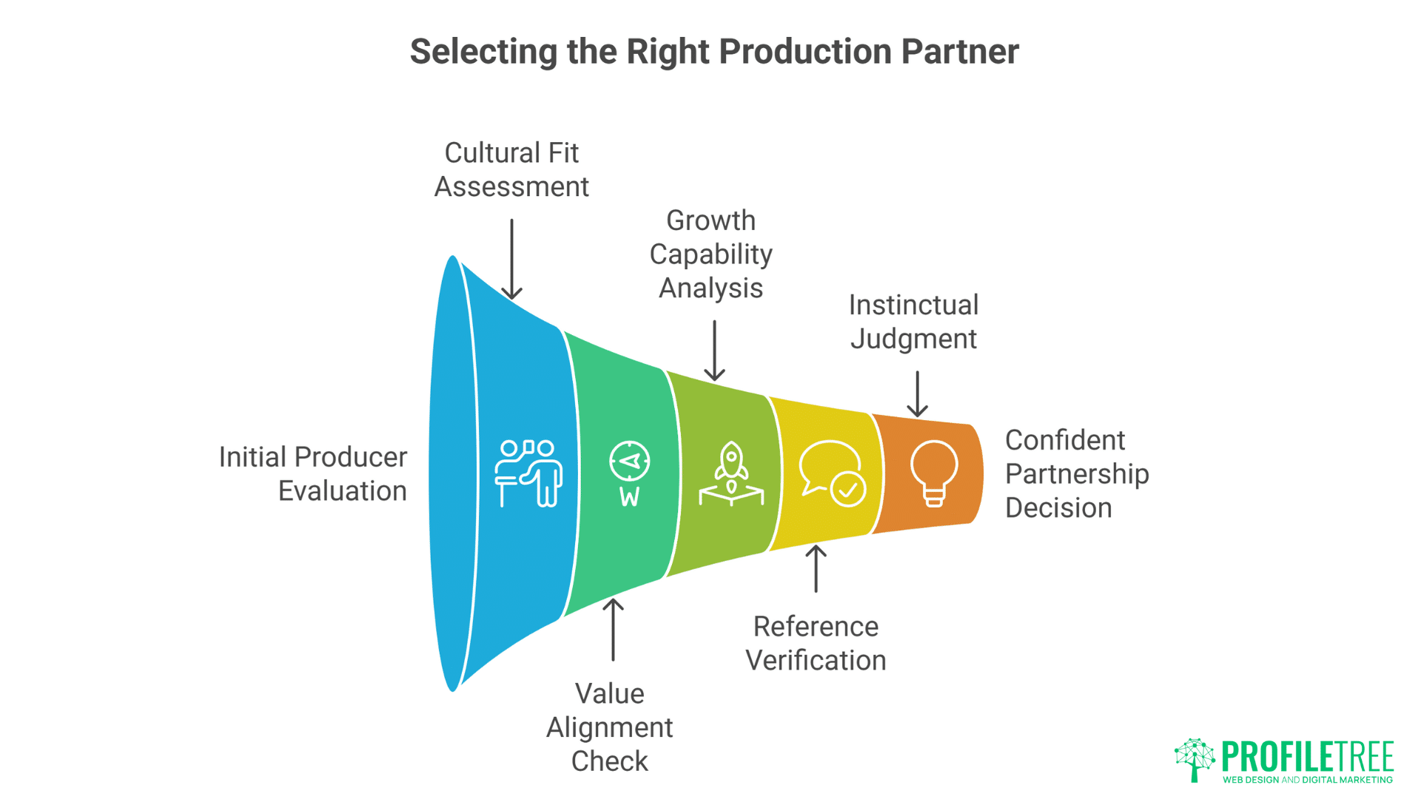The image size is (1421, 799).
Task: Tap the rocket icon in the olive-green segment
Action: click(x=731, y=473)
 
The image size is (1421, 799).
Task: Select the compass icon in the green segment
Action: click(x=629, y=473)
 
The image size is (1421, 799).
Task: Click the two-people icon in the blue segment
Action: click(x=528, y=473)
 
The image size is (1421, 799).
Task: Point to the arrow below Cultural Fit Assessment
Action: click(x=511, y=259)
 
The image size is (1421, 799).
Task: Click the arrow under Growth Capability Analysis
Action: click(x=714, y=351)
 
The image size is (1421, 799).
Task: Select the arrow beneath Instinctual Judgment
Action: click(x=917, y=394)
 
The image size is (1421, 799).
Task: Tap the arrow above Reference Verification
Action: click(x=816, y=568)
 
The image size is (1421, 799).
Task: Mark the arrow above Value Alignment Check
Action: click(x=613, y=629)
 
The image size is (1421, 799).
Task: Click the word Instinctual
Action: click(x=913, y=305)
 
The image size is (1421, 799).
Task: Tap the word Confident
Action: click(x=1064, y=440)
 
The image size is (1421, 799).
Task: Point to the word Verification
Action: click(x=816, y=660)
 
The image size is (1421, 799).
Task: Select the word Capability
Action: click(x=710, y=254)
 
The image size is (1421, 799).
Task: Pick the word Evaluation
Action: click(x=342, y=491)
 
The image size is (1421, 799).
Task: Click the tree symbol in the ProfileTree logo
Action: click(x=1195, y=759)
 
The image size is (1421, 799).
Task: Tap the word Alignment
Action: click(x=609, y=727)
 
